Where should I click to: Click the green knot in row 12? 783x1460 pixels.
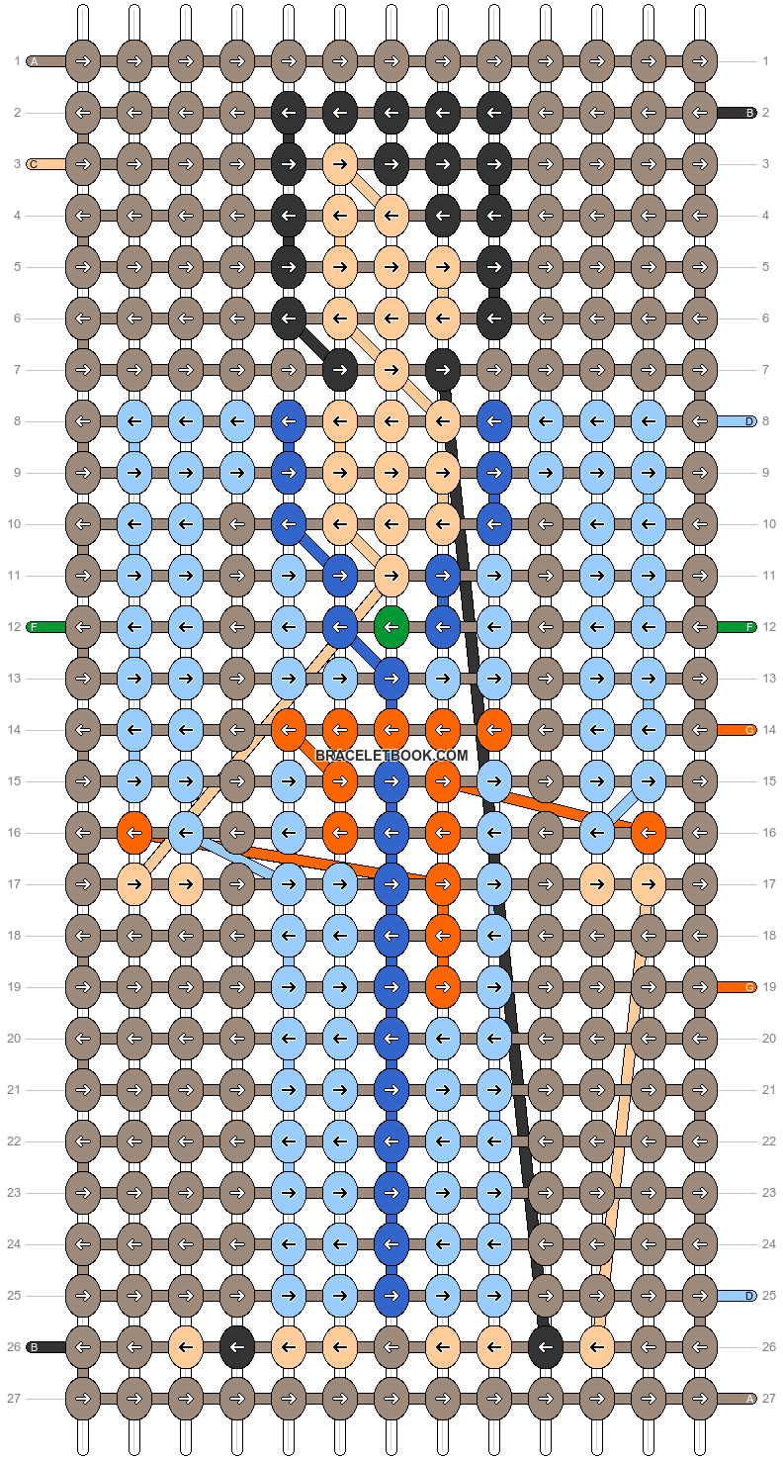[x=391, y=627]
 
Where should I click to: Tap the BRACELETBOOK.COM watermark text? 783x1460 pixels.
[x=391, y=756]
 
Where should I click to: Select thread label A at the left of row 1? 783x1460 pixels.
[x=34, y=61]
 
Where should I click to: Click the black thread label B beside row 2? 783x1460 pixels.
[x=749, y=113]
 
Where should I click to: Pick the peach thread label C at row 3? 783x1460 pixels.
[x=34, y=164]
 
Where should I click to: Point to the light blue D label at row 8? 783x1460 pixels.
[x=749, y=421]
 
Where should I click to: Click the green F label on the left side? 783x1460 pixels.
[x=34, y=627]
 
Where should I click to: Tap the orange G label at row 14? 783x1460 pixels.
[x=749, y=730]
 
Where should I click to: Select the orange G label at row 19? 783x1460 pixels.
[x=749, y=987]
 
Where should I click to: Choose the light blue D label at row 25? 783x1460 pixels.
[x=749, y=1296]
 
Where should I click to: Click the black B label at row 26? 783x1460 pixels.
[x=34, y=1346]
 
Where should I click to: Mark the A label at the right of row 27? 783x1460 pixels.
[x=749, y=1398]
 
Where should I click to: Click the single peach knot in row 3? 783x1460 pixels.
[x=339, y=164]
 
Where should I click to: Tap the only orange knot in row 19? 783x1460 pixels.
[x=442, y=987]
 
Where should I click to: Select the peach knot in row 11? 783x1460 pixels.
[x=391, y=576]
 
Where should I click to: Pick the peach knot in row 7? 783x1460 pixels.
[x=391, y=370]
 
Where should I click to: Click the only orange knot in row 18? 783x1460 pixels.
[x=442, y=936]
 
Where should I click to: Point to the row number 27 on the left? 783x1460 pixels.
[x=14, y=1398]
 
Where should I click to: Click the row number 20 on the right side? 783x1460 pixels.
[x=769, y=1039]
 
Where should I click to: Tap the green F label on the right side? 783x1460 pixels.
[x=749, y=627]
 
